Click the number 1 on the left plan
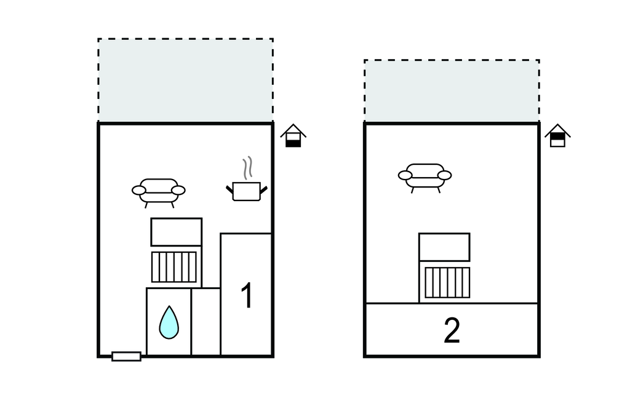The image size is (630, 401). (246, 296)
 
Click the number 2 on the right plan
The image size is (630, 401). (452, 332)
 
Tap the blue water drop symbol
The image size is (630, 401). (169, 322)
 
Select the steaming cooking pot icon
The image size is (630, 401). (246, 191)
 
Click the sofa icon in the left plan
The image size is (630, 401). (159, 191)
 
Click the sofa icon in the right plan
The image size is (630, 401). (425, 177)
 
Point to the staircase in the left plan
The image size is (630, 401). (174, 267)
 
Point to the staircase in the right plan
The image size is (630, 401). (447, 282)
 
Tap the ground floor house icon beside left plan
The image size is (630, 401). (293, 136)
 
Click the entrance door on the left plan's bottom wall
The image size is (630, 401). (126, 356)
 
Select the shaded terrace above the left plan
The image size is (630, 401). (185, 80)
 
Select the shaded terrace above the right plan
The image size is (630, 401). (452, 91)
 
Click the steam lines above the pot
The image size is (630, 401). (247, 167)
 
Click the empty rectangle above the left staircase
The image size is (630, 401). (177, 232)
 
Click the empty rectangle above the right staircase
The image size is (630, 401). (444, 247)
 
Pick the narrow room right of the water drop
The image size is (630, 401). (205, 321)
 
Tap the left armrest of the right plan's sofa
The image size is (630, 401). (405, 175)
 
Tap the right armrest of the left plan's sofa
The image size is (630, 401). (178, 190)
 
